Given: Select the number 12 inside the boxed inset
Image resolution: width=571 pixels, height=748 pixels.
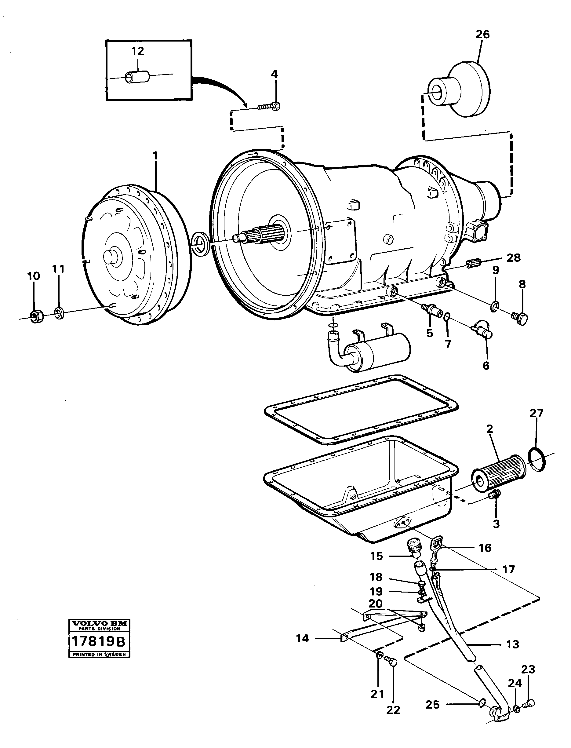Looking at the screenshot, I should (138, 51).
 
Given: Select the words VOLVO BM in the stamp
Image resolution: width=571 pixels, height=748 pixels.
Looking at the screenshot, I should (99, 624).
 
